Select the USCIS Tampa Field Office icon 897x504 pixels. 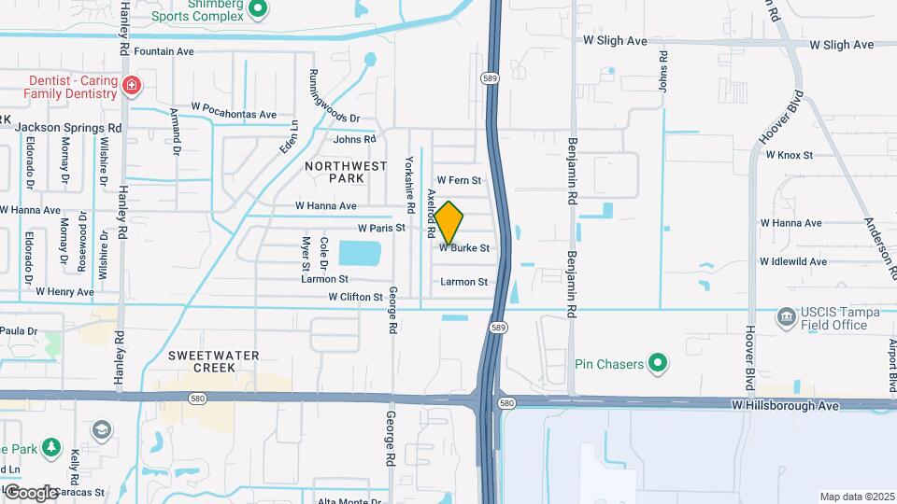click(786, 318)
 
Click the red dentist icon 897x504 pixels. click(132, 87)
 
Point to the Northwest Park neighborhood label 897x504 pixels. click(346, 172)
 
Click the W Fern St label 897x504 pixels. click(459, 180)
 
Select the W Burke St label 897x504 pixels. click(464, 248)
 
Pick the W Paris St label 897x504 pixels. click(382, 227)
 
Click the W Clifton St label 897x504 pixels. click(356, 297)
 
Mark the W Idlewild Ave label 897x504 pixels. click(793, 261)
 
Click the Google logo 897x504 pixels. click(31, 493)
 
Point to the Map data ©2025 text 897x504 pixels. click(856, 497)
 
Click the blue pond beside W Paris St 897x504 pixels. click(360, 253)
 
